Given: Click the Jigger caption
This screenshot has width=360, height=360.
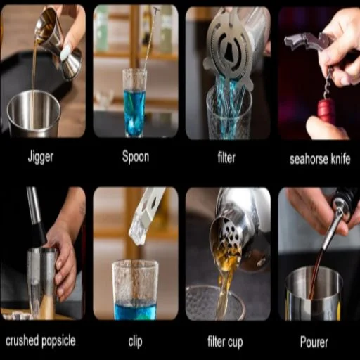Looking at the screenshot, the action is (41, 157).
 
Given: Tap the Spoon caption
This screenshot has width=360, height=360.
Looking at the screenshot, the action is (136, 156).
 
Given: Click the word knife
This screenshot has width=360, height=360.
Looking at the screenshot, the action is (340, 159).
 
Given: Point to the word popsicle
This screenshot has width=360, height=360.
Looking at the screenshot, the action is (58, 341).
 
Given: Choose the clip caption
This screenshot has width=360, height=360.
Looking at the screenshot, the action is (135, 342).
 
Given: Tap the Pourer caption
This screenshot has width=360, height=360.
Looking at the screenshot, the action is (314, 342).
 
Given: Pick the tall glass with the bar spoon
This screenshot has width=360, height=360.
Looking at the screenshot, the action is (135, 103).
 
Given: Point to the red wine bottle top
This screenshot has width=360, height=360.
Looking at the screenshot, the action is (326, 110).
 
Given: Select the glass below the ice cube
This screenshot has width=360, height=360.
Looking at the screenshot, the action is (135, 290).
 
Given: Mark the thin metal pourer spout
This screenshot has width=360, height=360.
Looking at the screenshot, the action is (333, 230).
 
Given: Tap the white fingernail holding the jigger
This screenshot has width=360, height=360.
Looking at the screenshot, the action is (65, 53).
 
